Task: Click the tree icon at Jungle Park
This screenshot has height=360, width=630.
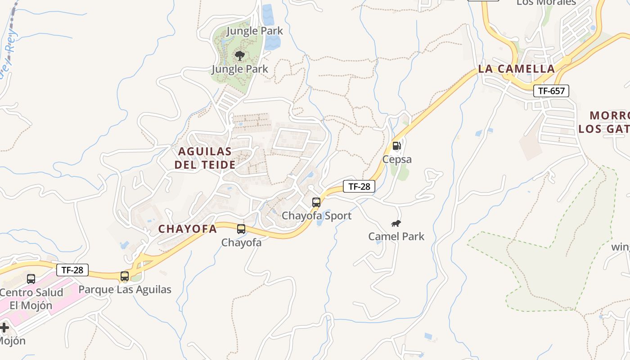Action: [x=240, y=56]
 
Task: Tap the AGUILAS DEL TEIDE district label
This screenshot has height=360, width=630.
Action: [x=205, y=158]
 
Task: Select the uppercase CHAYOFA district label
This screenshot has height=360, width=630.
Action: [x=188, y=229]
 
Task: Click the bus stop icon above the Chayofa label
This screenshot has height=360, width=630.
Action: [x=241, y=229]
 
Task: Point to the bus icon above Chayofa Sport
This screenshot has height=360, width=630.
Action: [x=316, y=202]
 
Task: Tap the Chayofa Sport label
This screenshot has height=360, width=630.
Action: [x=316, y=216]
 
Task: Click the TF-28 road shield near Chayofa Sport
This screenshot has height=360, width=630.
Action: [x=359, y=186]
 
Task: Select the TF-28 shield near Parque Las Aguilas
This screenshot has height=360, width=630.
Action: [x=72, y=270]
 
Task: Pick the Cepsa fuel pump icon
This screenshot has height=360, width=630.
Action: [x=396, y=146]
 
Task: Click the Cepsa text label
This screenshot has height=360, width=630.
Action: [x=397, y=159]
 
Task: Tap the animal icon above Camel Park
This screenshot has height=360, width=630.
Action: [x=396, y=223]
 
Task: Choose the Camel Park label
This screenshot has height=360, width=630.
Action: [x=396, y=236]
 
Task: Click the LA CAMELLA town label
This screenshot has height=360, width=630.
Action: [x=516, y=69]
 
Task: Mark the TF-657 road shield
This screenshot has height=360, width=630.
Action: [x=551, y=91]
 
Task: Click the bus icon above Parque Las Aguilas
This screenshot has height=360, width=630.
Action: [x=125, y=276]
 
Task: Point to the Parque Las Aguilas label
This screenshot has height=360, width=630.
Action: [x=125, y=289]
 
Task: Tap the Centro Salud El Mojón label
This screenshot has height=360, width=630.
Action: [x=31, y=299]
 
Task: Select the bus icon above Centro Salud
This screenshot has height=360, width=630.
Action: [x=31, y=279]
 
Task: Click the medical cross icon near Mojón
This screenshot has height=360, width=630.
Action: [x=4, y=327]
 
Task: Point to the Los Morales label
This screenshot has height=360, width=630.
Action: [x=546, y=3]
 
